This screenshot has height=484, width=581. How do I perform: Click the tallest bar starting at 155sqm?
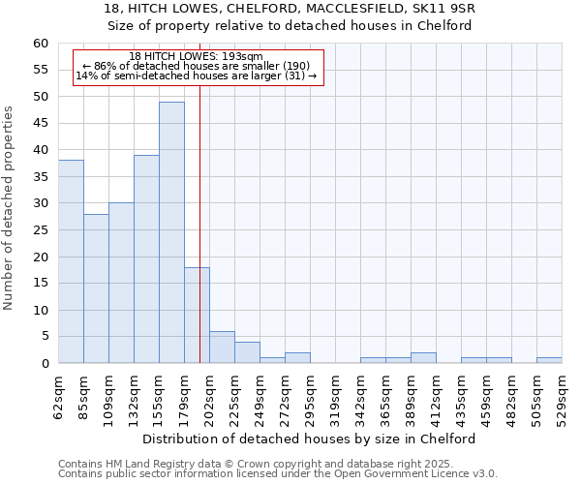tap(171, 232)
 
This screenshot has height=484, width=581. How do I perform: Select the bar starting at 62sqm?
tap(71, 261)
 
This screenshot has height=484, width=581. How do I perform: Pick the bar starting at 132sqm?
tap(146, 259)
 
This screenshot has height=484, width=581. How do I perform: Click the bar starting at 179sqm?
tap(197, 316)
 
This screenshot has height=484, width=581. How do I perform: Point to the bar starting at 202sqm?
tap(222, 348)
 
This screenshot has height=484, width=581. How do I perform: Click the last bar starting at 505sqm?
tap(549, 361)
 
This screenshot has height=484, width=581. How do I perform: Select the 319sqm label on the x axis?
tap(335, 397)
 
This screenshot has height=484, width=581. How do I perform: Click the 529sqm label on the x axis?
tap(562, 397)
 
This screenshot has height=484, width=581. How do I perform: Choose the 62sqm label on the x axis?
tap(58, 397)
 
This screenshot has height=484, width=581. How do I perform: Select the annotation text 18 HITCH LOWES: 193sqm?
tap(196, 57)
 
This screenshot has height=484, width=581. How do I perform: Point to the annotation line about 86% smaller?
tap(196, 66)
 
